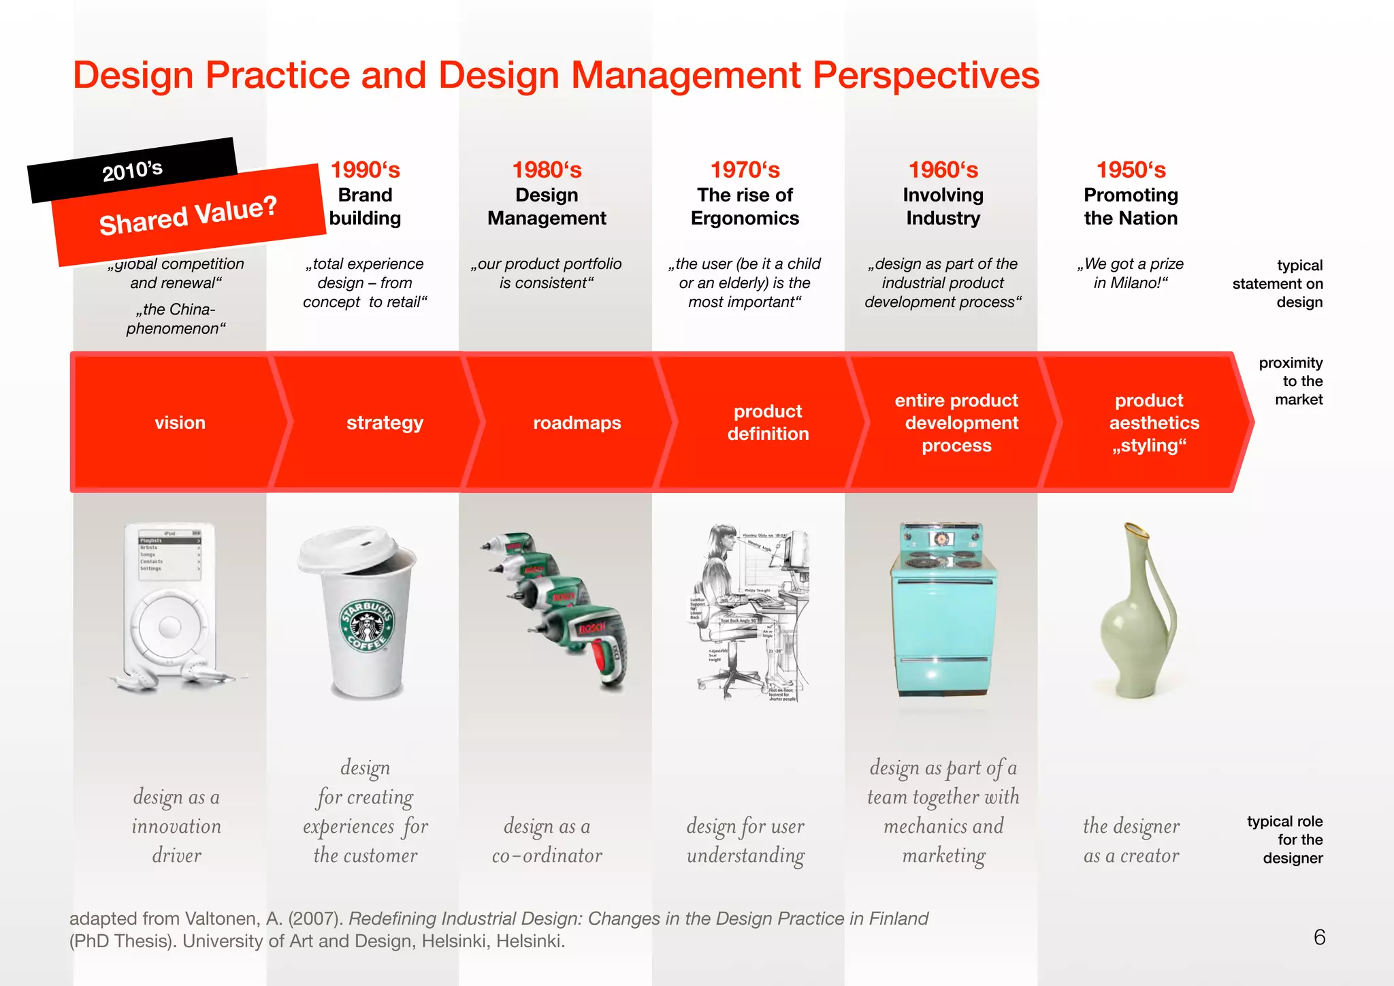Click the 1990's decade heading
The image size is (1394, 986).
click(x=365, y=170)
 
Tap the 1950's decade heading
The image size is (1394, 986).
click(x=1131, y=170)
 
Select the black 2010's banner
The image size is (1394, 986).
click(x=133, y=170)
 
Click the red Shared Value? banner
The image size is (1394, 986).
click(x=189, y=214)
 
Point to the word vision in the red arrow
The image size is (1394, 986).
click(x=180, y=423)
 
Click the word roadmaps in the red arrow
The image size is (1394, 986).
click(x=577, y=423)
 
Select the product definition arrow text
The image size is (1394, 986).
click(x=768, y=422)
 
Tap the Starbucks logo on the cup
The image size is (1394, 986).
click(x=368, y=626)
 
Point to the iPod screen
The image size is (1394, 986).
click(x=169, y=554)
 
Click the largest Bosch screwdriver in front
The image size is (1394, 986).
click(x=589, y=643)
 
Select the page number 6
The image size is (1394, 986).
click(x=1319, y=938)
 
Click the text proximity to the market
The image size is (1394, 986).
click(x=1291, y=381)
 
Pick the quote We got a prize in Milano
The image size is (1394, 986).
click(x=1131, y=273)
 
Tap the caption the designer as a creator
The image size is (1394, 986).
click(x=1131, y=840)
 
